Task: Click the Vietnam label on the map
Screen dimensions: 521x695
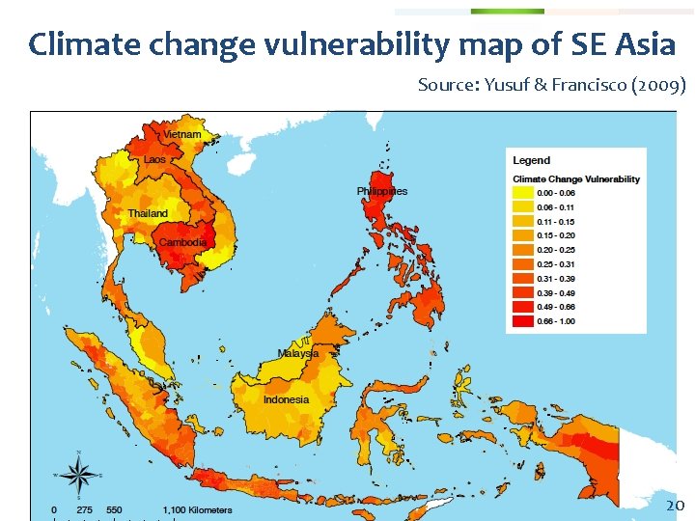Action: click(x=182, y=134)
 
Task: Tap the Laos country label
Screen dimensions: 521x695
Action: click(x=155, y=159)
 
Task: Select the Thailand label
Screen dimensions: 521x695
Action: click(x=148, y=213)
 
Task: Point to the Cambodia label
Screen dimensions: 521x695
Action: click(x=182, y=242)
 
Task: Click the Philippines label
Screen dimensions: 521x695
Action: click(x=382, y=191)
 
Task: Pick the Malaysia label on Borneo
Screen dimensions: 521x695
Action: click(x=298, y=353)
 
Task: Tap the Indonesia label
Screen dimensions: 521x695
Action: click(x=287, y=399)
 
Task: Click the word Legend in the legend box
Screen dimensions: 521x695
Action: click(x=531, y=160)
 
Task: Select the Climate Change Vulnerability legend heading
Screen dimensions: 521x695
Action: click(x=576, y=178)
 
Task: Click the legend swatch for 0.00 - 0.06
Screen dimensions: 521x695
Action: click(x=523, y=194)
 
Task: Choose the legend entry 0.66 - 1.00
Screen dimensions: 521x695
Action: click(x=523, y=319)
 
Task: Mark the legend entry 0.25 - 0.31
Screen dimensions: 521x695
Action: click(x=523, y=263)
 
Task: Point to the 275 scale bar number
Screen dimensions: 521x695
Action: click(x=85, y=509)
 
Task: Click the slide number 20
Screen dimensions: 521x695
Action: click(x=676, y=505)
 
